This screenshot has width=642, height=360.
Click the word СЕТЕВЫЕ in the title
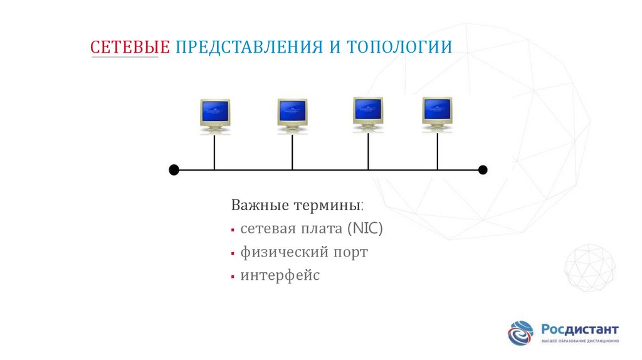click(x=130, y=47)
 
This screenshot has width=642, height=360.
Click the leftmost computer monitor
click(x=214, y=114)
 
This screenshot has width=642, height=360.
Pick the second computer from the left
click(x=292, y=114)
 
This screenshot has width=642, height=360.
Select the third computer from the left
click(x=368, y=113)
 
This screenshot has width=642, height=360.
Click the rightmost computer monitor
click(x=437, y=113)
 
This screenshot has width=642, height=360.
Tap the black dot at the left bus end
click(x=174, y=170)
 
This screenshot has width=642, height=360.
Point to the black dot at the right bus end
click(x=483, y=170)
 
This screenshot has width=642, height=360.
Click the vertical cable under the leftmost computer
click(x=214, y=152)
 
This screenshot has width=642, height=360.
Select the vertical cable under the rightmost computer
click(x=438, y=151)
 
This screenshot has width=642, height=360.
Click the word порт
click(x=350, y=253)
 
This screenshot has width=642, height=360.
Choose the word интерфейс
click(x=280, y=275)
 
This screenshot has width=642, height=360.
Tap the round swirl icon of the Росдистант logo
click(x=521, y=333)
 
